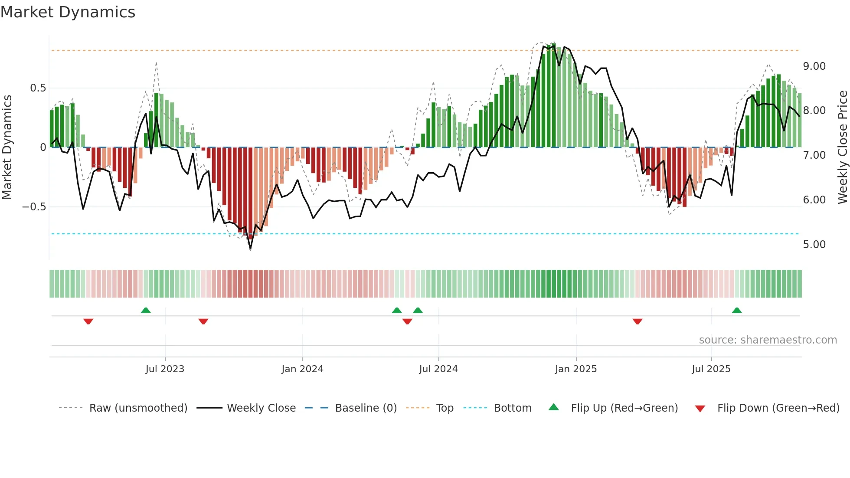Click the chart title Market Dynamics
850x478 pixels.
(68, 12)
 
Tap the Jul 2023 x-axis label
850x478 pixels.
(165, 369)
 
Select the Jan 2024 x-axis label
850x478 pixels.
(302, 369)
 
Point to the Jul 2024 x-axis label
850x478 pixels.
(438, 369)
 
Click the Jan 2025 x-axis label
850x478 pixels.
(575, 369)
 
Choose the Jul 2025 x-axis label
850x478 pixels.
(711, 369)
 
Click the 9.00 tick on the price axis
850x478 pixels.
(814, 66)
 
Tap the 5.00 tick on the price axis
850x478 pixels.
(814, 245)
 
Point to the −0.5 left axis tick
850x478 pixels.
(34, 207)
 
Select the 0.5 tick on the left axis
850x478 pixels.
(38, 88)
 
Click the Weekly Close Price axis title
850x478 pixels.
(842, 147)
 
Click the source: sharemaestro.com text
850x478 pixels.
(768, 340)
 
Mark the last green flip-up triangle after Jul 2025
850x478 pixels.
(736, 311)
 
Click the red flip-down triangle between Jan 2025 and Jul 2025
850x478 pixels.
(637, 321)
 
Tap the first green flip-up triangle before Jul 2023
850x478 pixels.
(146, 311)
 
